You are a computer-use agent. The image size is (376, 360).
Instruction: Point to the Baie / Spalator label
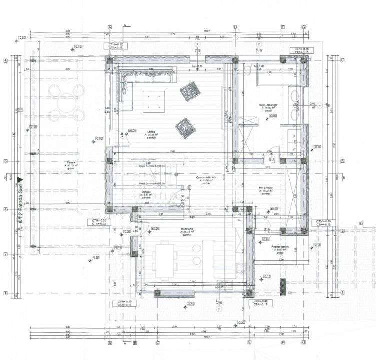[266, 105]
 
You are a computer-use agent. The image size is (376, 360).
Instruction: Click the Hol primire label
[265, 187]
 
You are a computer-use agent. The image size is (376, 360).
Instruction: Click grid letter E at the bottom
[249, 343]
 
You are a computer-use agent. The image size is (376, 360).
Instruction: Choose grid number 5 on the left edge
[5, 161]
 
